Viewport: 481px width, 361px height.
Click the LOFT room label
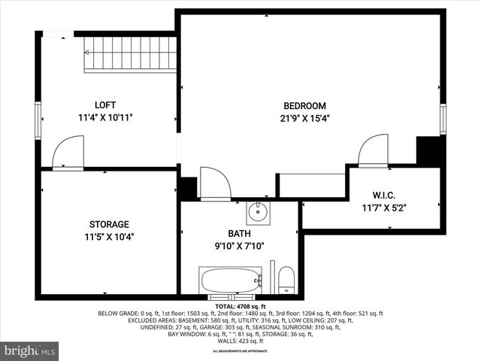tap(105, 105)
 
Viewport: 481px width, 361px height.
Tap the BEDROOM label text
tap(304, 106)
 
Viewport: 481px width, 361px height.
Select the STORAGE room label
tap(109, 224)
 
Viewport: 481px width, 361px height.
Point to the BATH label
tap(240, 234)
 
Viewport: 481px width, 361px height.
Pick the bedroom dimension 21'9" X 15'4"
tap(305, 118)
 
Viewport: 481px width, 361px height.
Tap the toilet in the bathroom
tap(286, 281)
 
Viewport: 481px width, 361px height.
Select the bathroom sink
tap(259, 211)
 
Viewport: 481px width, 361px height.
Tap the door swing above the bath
tap(215, 184)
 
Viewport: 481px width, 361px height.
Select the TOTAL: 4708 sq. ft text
tap(240, 307)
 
